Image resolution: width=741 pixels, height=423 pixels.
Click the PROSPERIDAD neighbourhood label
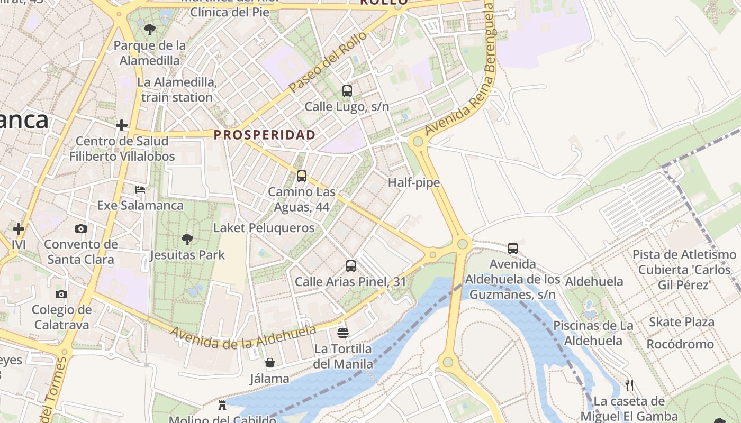[264, 135]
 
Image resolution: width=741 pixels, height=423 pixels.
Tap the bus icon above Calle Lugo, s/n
[347, 91]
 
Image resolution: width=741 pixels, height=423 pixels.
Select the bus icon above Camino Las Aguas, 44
[302, 176]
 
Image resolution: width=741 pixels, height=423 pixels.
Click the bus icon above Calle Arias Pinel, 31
[350, 266]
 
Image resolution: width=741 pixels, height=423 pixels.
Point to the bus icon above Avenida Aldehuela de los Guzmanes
[512, 248]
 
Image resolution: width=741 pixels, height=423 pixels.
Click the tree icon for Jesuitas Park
[187, 240]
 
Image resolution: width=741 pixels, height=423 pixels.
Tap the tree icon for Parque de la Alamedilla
[150, 30]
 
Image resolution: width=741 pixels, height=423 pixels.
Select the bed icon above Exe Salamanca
[140, 190]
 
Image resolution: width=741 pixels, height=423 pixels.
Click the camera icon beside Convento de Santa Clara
[80, 229]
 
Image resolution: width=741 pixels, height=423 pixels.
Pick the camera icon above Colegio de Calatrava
[61, 295]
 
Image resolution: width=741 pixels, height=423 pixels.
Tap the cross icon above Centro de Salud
[122, 125]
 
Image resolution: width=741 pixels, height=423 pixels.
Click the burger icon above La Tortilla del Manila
[343, 333]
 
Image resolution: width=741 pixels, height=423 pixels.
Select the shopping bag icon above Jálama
[270, 363]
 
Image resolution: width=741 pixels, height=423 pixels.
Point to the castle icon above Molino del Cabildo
[222, 406]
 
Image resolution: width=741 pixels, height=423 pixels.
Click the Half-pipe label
[414, 183]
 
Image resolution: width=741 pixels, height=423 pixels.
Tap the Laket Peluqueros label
[264, 228]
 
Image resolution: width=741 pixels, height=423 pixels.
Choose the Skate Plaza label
[681, 322]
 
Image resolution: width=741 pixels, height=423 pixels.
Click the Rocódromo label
[680, 344]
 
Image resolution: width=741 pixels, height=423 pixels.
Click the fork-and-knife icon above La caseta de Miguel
[629, 385]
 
